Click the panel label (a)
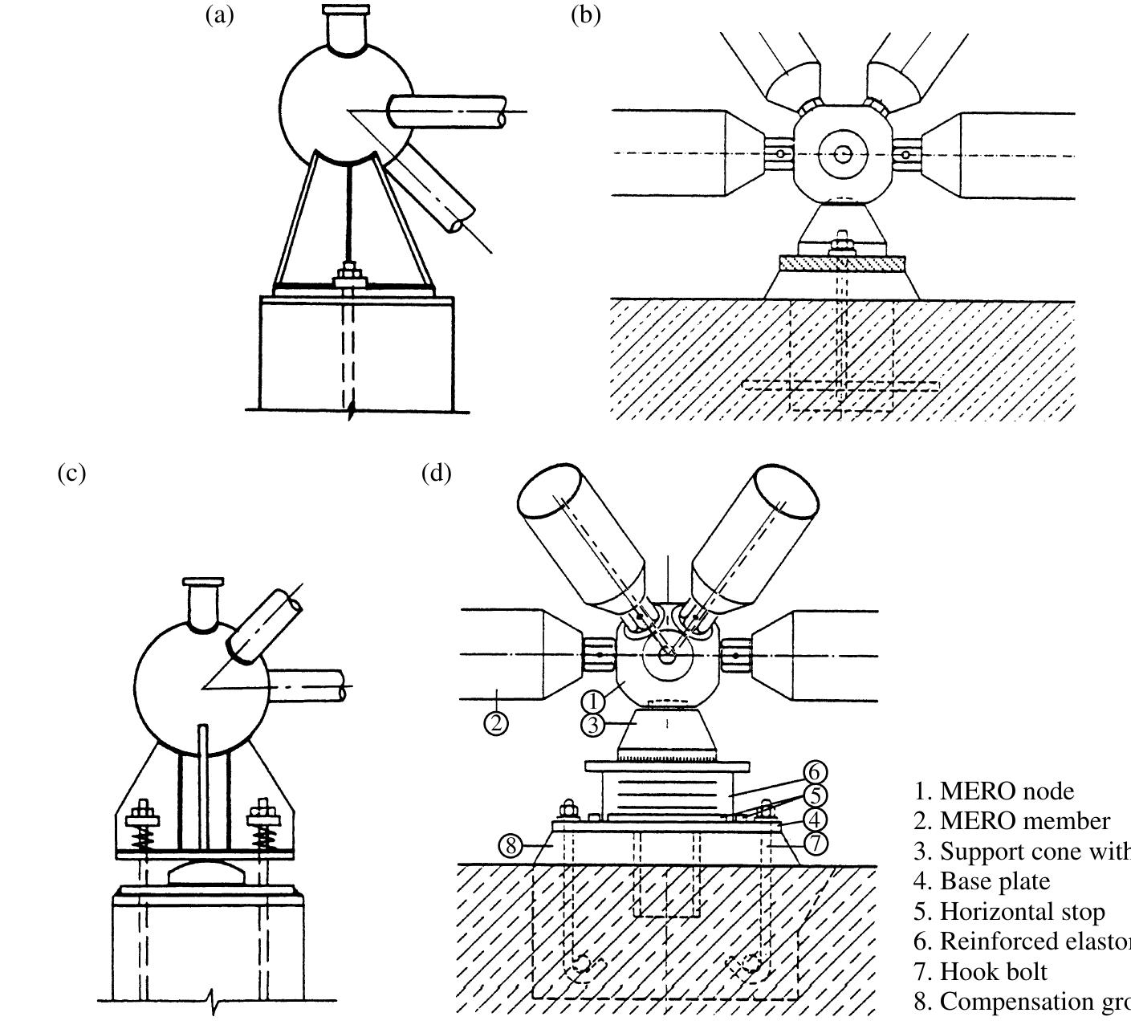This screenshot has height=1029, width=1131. click(220, 14)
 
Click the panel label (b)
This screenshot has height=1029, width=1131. click(585, 14)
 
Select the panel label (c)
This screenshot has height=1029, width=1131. click(71, 473)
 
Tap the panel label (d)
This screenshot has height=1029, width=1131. click(436, 473)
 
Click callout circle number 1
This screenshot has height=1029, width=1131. click(592, 702)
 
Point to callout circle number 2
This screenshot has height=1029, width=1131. click(496, 723)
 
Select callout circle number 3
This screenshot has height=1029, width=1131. click(592, 725)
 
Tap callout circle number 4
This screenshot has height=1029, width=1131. click(816, 820)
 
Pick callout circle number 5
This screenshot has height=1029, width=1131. click(816, 795)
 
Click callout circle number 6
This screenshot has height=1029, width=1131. click(815, 772)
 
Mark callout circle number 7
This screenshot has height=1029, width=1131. click(816, 844)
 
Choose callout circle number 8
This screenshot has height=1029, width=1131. click(511, 845)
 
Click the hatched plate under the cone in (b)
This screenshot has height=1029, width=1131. click(842, 264)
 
